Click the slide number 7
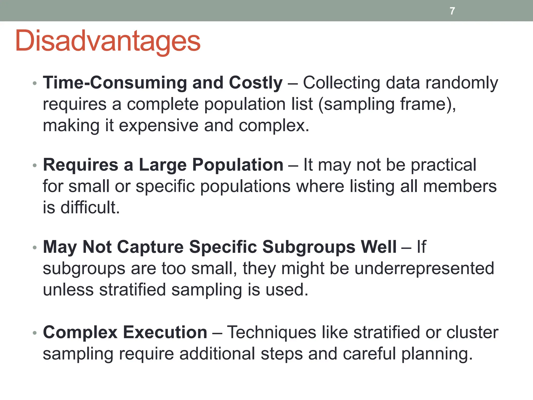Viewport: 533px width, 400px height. [452, 11]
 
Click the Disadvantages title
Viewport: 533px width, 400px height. [108, 41]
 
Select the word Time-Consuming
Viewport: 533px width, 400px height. [115, 83]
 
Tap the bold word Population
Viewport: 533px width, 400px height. [237, 165]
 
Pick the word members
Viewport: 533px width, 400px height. [460, 186]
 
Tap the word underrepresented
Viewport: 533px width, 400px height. [424, 268]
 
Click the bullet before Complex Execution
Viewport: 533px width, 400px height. [35, 333]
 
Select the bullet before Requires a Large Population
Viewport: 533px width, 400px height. [35, 166]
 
